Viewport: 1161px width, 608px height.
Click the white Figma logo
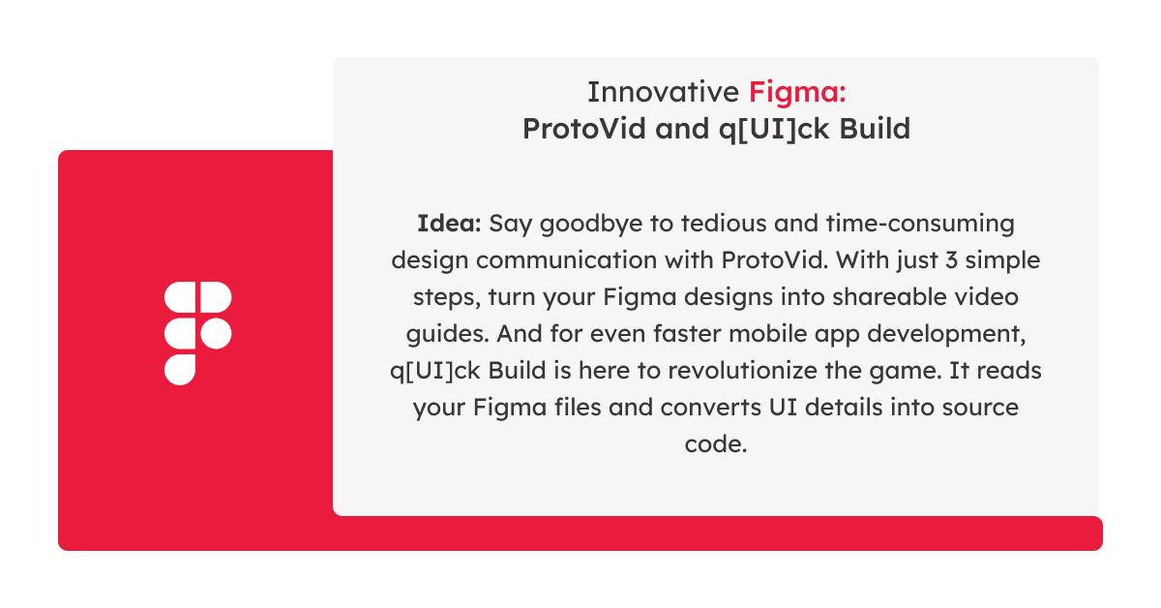[x=197, y=333]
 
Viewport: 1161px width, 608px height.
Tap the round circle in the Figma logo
[x=216, y=333]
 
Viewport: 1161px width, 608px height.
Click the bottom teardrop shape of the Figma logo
[x=180, y=370]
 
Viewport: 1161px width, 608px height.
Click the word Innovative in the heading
[x=663, y=92]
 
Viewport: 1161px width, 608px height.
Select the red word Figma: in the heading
[x=797, y=93]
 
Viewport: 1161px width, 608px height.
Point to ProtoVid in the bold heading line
[x=583, y=129]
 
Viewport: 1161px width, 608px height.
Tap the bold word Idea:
[x=449, y=224]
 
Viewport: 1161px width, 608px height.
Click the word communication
[x=567, y=260]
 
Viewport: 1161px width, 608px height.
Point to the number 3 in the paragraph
[x=951, y=260]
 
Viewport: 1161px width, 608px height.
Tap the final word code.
[x=716, y=444]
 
